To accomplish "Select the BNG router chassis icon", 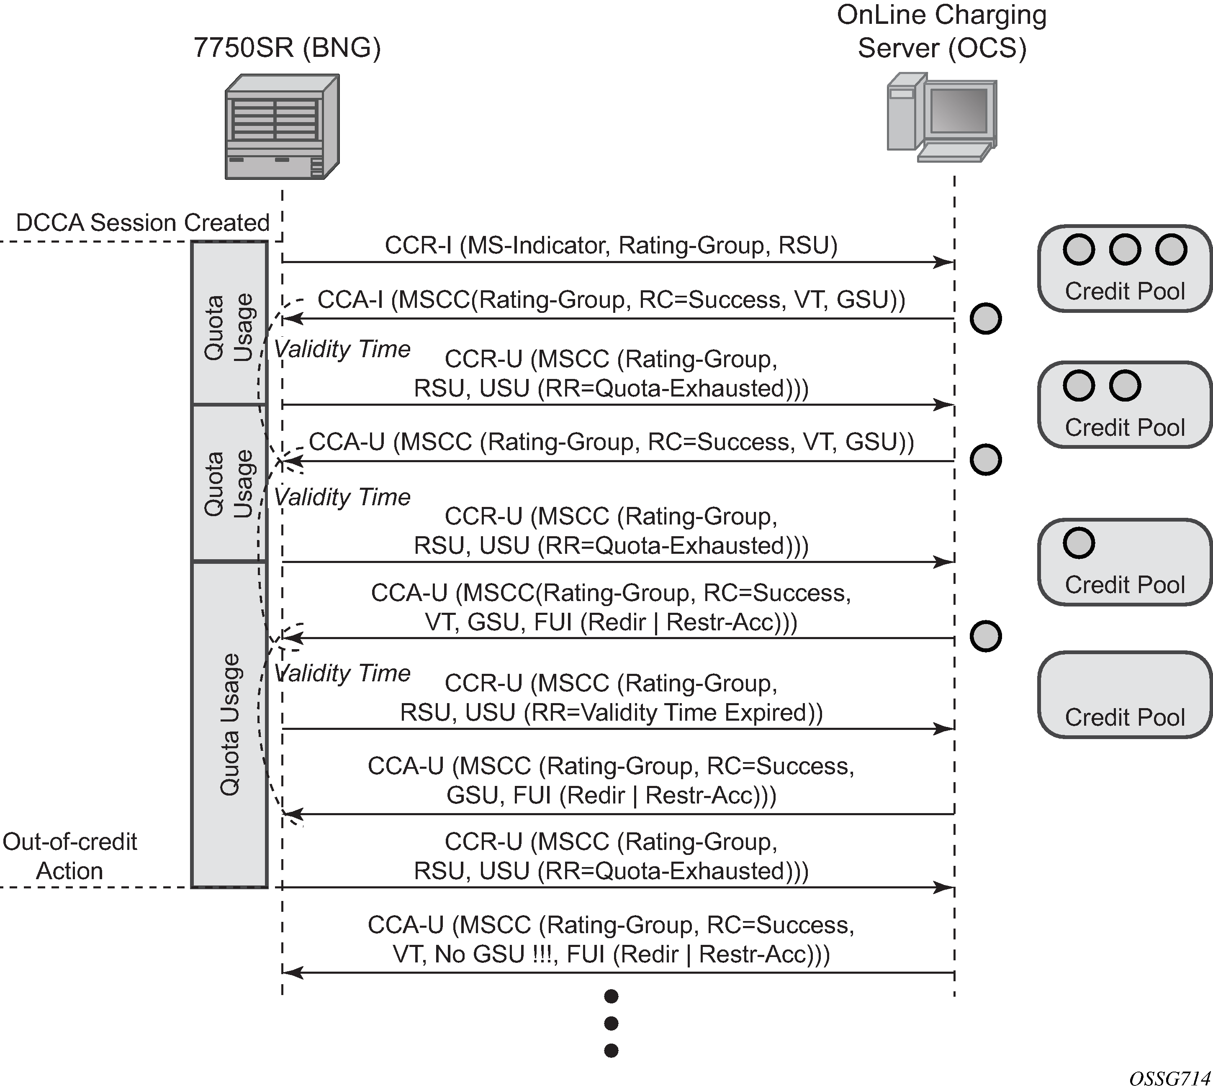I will [282, 126].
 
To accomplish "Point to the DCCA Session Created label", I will [143, 223].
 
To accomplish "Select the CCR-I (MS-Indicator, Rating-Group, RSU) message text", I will [611, 246].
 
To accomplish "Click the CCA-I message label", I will [611, 299].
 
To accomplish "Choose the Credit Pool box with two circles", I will [1124, 405].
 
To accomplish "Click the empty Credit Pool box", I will [1124, 695].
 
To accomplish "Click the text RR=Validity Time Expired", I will [672, 713].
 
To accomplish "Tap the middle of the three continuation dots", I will [611, 1023].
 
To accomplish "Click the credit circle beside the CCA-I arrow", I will [985, 319].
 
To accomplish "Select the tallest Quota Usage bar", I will [229, 725].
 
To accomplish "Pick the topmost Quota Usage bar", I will [229, 323].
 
